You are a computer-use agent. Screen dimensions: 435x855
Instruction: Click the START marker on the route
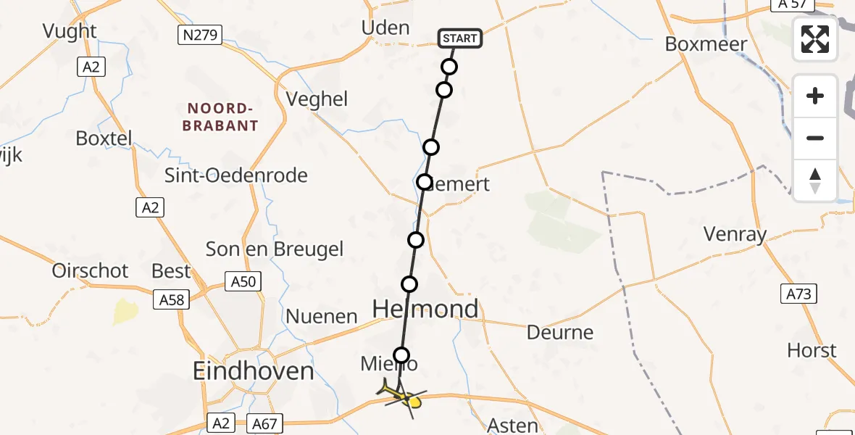click(x=459, y=38)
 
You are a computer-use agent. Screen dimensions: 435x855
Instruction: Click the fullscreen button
click(x=815, y=39)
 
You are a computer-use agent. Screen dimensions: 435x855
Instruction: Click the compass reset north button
click(x=815, y=180)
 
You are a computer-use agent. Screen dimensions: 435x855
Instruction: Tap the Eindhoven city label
click(x=253, y=372)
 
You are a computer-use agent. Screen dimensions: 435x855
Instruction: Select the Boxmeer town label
click(x=706, y=44)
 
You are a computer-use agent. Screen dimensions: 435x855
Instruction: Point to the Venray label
click(x=735, y=234)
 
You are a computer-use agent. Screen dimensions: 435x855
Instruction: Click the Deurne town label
click(x=560, y=333)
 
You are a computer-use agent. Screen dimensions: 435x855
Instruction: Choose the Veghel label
click(x=317, y=99)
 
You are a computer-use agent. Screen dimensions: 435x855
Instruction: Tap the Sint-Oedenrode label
click(x=236, y=175)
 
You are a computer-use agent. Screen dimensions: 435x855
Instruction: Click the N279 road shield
click(x=199, y=34)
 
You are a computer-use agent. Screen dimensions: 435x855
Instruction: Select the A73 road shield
click(x=800, y=294)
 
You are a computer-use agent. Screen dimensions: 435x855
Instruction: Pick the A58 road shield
click(x=171, y=299)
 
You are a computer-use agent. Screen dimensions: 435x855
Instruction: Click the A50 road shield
click(x=242, y=281)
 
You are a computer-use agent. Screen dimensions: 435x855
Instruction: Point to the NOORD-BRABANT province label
click(x=222, y=117)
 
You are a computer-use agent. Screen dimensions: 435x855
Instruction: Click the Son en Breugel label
click(x=275, y=249)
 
